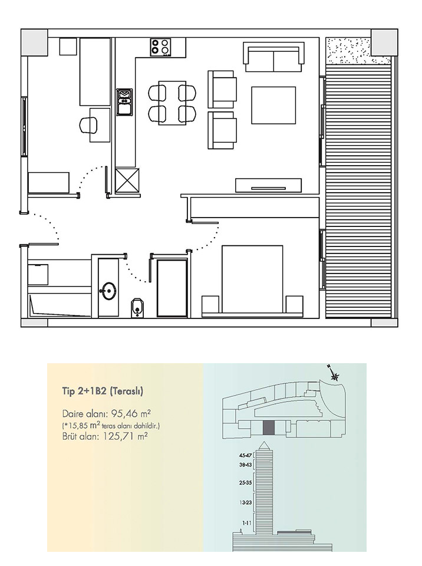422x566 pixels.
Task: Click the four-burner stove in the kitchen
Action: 161,47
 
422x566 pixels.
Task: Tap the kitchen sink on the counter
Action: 125,102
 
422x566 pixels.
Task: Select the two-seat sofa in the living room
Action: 273,57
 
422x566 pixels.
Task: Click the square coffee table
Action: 273,105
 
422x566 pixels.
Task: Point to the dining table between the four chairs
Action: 172,103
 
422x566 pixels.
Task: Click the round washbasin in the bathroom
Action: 109,291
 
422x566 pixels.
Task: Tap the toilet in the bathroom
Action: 137,307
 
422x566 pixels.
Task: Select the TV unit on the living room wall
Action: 268,186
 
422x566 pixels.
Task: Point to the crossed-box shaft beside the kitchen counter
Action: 126,180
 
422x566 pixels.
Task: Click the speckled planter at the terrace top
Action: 348,50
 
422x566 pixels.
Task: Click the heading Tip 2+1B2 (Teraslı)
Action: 103,391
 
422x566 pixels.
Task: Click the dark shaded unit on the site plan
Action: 269,428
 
